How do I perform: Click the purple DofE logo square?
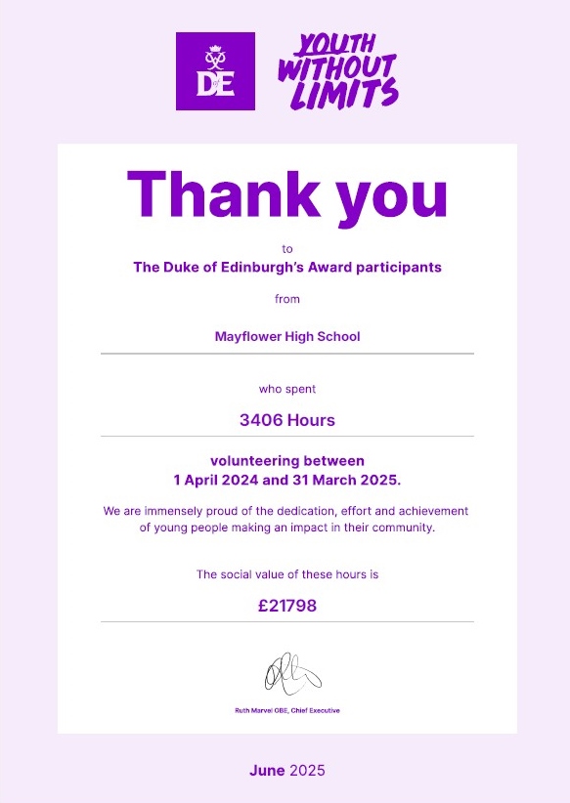(x=215, y=71)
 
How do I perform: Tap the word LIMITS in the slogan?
(x=359, y=93)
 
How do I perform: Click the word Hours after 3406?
(x=311, y=421)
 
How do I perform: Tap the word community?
(x=402, y=528)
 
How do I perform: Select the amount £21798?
(x=287, y=606)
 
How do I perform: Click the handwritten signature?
(x=290, y=672)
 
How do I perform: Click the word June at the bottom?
(x=267, y=771)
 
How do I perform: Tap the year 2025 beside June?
(x=306, y=771)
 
